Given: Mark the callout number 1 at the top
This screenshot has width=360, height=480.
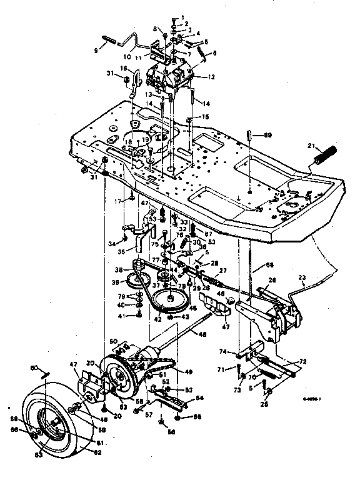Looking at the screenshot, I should (183, 17).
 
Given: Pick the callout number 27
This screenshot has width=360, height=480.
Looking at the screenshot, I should (224, 270).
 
